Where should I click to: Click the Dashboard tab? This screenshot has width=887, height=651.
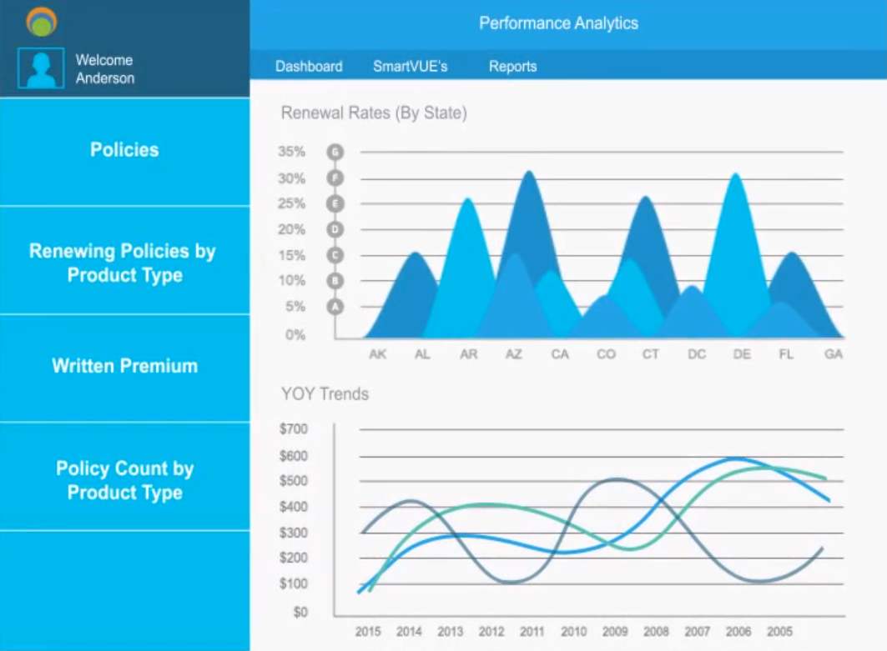[309, 67]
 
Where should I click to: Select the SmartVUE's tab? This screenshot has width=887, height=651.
[410, 67]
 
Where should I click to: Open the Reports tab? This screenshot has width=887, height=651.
[512, 67]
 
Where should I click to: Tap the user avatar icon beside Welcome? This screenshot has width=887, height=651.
[41, 68]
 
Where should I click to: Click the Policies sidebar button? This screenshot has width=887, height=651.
[124, 150]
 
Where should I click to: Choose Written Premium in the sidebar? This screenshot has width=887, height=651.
[124, 366]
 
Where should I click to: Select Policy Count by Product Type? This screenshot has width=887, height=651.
[124, 480]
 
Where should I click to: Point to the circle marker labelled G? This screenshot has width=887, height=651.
[335, 152]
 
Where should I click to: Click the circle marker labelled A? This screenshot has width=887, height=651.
[335, 307]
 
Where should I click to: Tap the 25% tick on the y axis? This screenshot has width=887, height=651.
[291, 203]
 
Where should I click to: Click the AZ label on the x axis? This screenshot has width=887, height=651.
[513, 354]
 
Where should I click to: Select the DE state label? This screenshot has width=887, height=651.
[742, 354]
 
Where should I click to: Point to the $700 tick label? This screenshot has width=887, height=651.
[293, 429]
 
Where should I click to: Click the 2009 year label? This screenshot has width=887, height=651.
[615, 632]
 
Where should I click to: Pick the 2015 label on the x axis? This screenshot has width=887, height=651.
[368, 632]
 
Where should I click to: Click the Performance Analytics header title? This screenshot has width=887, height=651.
[558, 23]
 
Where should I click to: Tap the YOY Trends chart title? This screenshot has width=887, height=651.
[325, 394]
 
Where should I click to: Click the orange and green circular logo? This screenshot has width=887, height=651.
[41, 22]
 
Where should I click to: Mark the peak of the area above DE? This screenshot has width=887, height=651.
[736, 174]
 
